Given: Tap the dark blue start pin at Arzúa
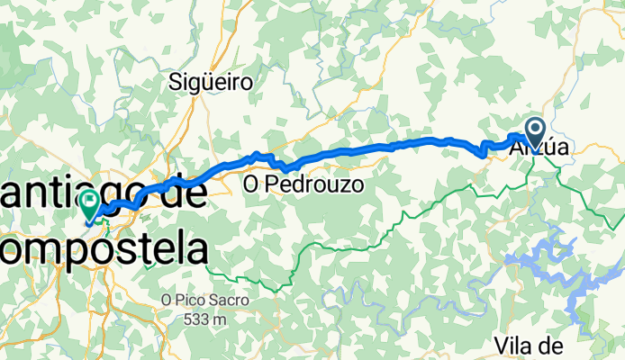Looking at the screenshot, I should tap(534, 131).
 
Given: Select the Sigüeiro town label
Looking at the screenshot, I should tap(211, 83).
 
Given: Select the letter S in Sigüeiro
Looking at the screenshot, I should tap(176, 83).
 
